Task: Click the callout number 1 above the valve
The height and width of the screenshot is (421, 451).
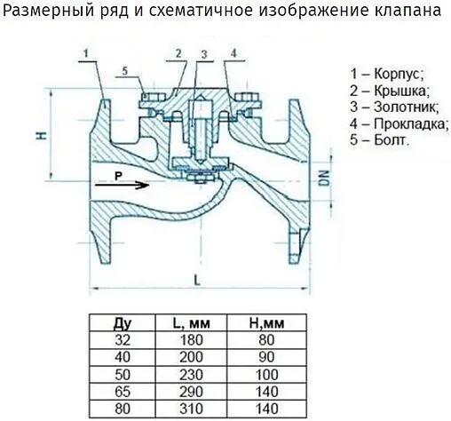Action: coord(86,53)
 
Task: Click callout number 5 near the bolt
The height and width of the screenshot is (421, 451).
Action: coord(125,71)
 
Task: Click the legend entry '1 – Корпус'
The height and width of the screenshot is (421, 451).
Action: coord(387,74)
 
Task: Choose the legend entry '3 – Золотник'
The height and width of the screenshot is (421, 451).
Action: coord(393,107)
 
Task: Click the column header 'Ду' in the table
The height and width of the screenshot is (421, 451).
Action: coord(123,322)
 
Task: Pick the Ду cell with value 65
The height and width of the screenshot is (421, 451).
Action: coord(123,390)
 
